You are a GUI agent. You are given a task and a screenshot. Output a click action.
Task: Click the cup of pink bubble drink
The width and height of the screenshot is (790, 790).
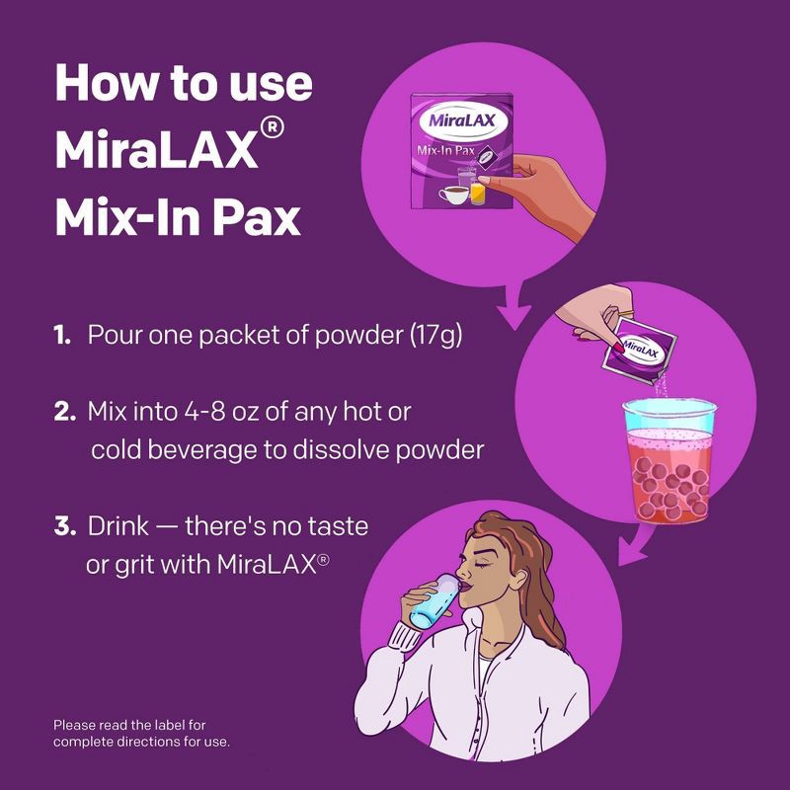(x=671, y=465)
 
